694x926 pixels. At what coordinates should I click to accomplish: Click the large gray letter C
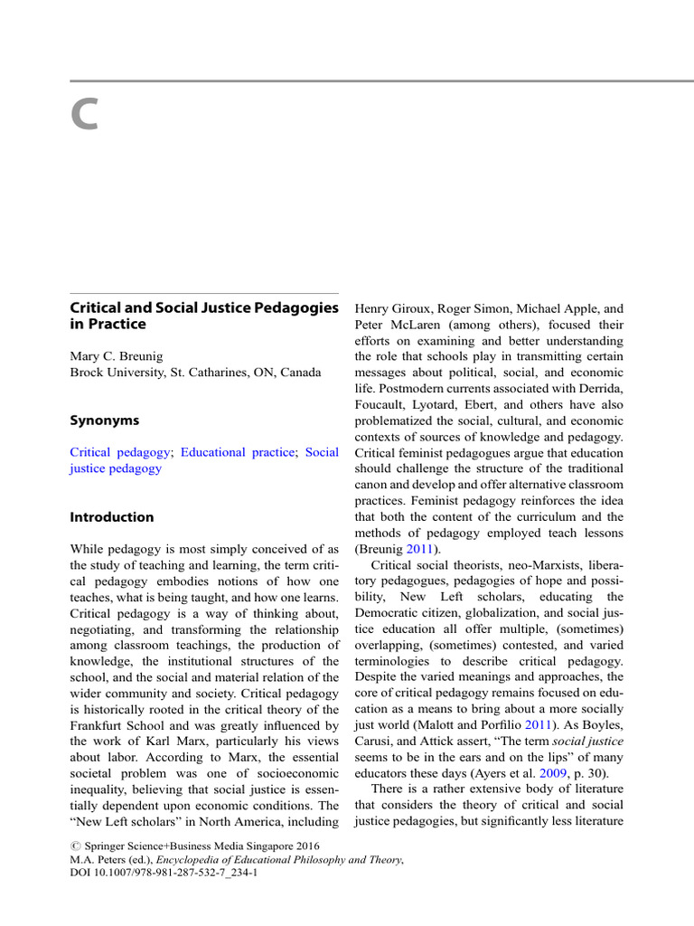pyautogui.click(x=84, y=115)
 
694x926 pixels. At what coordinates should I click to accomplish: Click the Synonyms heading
pyautogui.click(x=105, y=420)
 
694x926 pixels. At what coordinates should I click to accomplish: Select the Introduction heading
pyautogui.click(x=112, y=517)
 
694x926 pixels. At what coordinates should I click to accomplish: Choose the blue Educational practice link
pyautogui.click(x=238, y=451)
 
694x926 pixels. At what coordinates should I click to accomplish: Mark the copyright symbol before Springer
pyautogui.click(x=75, y=846)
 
